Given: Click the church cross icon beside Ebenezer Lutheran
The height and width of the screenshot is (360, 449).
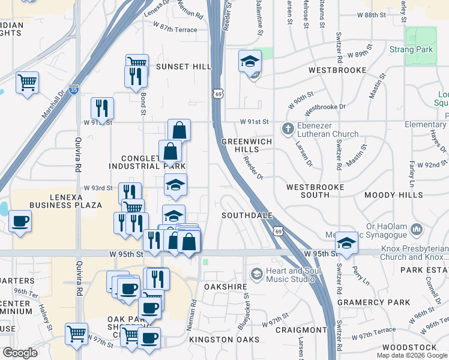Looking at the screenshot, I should [x=288, y=128].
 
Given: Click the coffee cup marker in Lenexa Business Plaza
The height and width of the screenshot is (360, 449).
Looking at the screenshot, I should [x=20, y=221].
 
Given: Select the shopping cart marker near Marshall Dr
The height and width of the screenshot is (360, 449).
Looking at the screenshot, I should [x=28, y=82].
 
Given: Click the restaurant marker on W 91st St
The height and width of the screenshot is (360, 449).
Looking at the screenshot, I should [x=102, y=109].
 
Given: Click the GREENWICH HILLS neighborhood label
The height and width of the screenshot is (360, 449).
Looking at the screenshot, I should [x=247, y=145].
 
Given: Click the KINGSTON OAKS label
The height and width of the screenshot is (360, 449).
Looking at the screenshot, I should [x=224, y=340].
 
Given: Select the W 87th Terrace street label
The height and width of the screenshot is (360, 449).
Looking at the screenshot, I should [x=175, y=28].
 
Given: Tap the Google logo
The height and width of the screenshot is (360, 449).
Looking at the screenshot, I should [x=20, y=353].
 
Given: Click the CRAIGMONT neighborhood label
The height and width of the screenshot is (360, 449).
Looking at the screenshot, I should [x=301, y=330].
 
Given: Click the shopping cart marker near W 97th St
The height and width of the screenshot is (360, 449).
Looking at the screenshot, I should [x=76, y=333].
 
